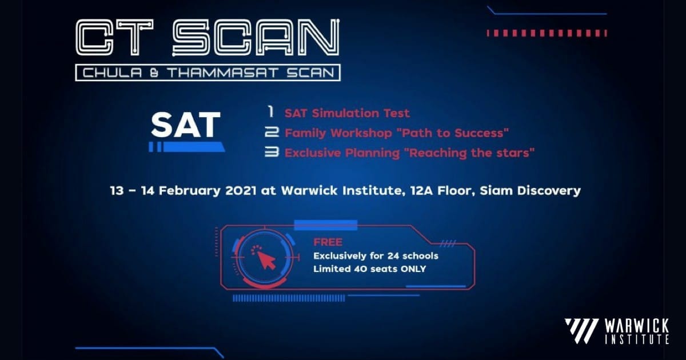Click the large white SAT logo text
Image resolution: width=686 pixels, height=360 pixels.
(186, 125)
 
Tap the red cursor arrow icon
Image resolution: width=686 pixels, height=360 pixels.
(266, 260)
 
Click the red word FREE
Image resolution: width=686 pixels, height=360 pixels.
(328, 242)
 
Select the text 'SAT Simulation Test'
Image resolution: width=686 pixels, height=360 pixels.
(347, 113)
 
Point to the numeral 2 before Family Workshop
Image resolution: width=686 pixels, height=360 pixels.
(272, 132)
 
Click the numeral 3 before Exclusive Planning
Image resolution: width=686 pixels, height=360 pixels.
(272, 152)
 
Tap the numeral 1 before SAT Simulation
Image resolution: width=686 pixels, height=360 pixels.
(271, 112)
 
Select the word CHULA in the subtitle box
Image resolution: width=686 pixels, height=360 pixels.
(113, 73)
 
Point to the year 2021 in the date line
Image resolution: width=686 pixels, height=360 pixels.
(241, 190)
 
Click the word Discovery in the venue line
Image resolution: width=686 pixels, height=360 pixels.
(549, 191)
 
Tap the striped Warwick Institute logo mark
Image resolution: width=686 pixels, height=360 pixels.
(582, 331)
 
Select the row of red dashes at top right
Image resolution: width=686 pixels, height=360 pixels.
(547, 33)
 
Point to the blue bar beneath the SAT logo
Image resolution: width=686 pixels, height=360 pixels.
(187, 147)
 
